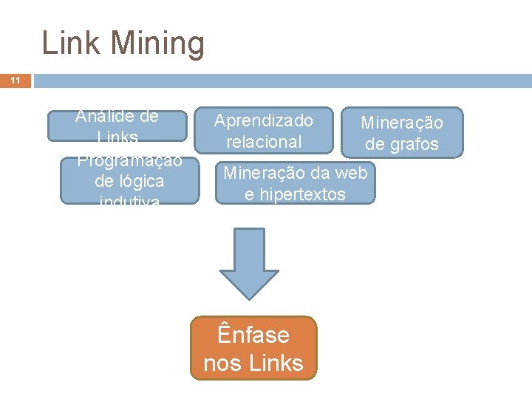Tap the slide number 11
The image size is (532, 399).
pos(15,81)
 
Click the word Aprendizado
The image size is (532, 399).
pos(264,120)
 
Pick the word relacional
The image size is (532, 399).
pos(264,141)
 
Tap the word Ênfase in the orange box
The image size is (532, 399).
pos(253,335)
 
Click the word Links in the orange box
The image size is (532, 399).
pos(276,363)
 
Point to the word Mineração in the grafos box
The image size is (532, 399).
pos(402,123)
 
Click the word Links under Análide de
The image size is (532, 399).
pos(117,137)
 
